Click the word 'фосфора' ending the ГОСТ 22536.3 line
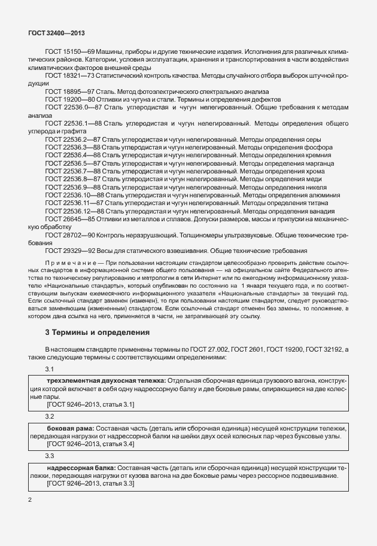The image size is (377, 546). coord(320,147)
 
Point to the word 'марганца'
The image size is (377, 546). coord(324,163)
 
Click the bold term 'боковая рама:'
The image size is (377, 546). coord(69,429)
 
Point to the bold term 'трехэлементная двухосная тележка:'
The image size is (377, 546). coord(106,381)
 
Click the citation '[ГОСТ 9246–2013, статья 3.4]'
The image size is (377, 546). coord(90,444)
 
